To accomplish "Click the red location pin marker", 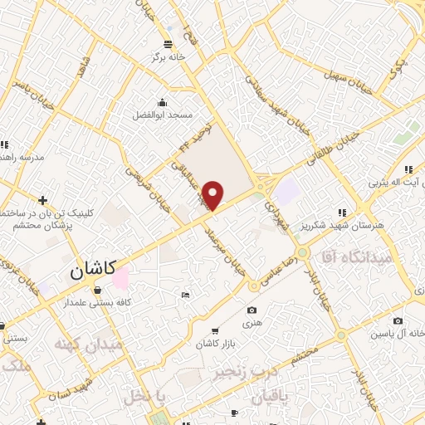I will click(x=213, y=194).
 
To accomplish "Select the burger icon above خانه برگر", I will click(x=169, y=43).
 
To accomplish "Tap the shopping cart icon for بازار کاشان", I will click(x=216, y=330).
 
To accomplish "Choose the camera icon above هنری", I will click(x=252, y=310).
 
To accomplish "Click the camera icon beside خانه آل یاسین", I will click(x=398, y=321).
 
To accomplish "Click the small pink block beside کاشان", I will click(x=121, y=277).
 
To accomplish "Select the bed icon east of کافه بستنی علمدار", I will click(x=185, y=295).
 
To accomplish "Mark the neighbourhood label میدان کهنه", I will click(x=88, y=343).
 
